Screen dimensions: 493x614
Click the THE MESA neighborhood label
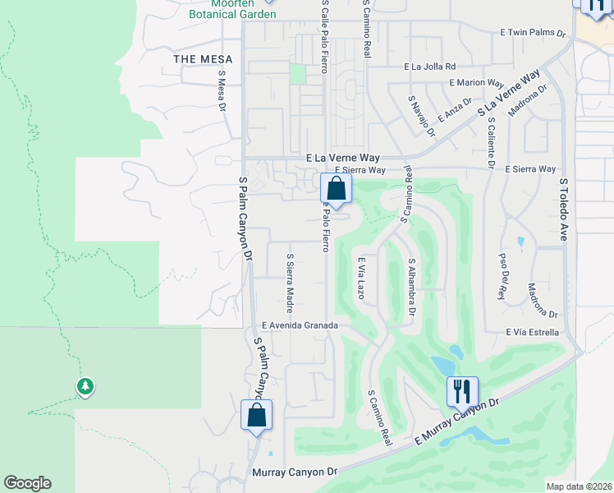(x=203, y=59)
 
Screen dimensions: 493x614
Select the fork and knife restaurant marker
(x=461, y=391)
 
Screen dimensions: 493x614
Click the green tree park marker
(x=85, y=386)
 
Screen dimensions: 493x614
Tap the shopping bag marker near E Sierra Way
(x=335, y=187)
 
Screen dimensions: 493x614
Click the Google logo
(x=27, y=483)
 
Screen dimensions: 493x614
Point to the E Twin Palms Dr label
(x=534, y=33)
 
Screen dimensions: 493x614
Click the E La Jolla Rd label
(x=428, y=67)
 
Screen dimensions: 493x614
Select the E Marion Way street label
(x=476, y=83)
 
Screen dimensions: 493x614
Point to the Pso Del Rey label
(x=502, y=276)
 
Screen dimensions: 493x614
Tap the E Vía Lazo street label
(x=360, y=277)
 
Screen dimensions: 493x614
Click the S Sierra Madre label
(x=290, y=283)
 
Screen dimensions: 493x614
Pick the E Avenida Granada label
(x=300, y=325)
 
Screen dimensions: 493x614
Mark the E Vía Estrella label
(x=532, y=332)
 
